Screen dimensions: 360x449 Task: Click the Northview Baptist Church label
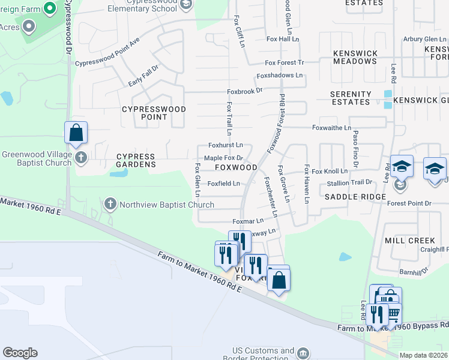[167, 205]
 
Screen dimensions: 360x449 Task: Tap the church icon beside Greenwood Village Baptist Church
[81, 158]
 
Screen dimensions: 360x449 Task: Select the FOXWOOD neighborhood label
[236, 167]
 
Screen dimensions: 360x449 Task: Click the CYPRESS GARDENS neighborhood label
[136, 161]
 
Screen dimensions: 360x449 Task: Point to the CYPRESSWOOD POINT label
[154, 113]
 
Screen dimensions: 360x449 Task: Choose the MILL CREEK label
[409, 241]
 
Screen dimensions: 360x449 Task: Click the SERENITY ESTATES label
[351, 98]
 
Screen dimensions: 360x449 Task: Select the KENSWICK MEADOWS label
[355, 57]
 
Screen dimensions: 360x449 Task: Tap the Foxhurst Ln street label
[225, 145]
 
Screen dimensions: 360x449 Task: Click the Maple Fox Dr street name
[223, 158]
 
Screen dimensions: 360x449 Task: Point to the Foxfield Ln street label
[224, 184]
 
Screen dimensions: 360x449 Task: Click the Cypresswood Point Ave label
[107, 53]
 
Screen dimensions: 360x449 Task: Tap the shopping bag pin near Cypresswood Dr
[76, 133]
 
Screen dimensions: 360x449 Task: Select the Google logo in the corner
[20, 353]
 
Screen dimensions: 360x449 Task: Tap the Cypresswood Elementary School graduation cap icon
[186, 5]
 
